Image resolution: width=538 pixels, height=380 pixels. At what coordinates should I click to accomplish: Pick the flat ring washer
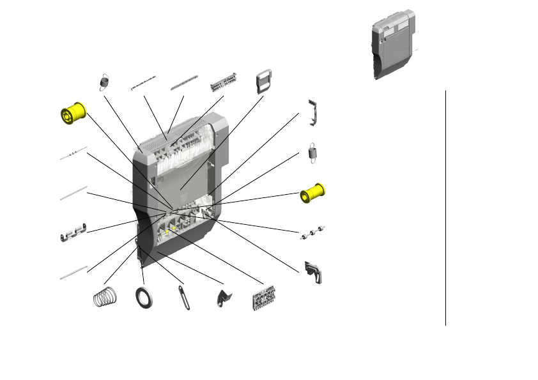[144, 298]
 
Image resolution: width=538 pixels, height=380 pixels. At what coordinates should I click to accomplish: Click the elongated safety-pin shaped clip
[185, 298]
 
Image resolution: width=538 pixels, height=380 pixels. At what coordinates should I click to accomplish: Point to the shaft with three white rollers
[314, 233]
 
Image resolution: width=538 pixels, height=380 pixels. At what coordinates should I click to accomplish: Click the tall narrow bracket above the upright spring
[313, 111]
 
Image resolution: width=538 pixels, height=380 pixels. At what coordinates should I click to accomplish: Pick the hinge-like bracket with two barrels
[73, 233]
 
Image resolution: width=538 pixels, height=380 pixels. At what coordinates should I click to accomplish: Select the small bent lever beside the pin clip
[224, 297]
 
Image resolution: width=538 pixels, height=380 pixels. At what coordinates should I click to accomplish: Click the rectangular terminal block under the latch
[264, 298]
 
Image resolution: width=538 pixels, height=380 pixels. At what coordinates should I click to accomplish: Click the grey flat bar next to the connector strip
[184, 84]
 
